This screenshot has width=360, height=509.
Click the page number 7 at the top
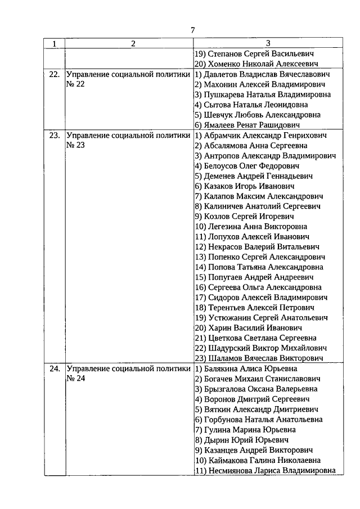[193, 30]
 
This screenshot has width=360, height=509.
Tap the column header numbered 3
[268, 44]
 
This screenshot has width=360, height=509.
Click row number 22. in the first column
[55, 74]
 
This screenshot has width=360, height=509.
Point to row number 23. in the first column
[55, 136]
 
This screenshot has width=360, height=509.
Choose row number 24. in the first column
[55, 369]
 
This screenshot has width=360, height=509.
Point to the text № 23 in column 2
[75, 146]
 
